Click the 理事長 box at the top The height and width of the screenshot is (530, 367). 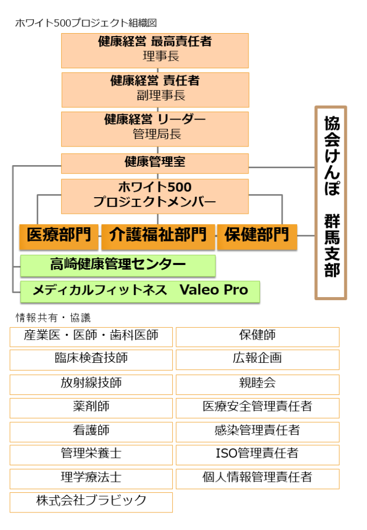(x=155, y=51)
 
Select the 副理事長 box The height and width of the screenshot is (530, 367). (x=155, y=90)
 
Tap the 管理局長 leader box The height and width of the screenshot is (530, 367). (x=155, y=129)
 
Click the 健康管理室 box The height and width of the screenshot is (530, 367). (x=155, y=164)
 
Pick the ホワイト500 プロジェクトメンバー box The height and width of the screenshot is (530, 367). (x=155, y=196)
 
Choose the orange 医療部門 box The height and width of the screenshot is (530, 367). (x=59, y=237)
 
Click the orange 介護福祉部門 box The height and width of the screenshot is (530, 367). (x=158, y=237)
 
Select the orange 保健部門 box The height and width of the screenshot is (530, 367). (x=257, y=237)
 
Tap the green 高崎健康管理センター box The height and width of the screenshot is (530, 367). (x=118, y=266)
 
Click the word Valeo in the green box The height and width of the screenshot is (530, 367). (x=199, y=290)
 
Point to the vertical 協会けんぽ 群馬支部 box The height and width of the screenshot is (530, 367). (x=331, y=203)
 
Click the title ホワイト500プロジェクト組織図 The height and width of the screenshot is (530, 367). (x=86, y=23)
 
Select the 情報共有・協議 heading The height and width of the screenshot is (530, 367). (x=53, y=318)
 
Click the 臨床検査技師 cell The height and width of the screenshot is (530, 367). (x=91, y=360)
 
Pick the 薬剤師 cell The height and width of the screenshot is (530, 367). (x=91, y=408)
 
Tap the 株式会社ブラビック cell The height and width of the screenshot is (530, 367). (x=91, y=502)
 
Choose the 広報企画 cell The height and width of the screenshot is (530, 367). (x=257, y=360)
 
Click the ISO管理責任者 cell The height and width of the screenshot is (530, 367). (x=257, y=455)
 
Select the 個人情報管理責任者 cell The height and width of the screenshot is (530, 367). (x=257, y=479)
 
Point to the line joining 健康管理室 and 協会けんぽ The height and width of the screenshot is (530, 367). (x=282, y=167)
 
